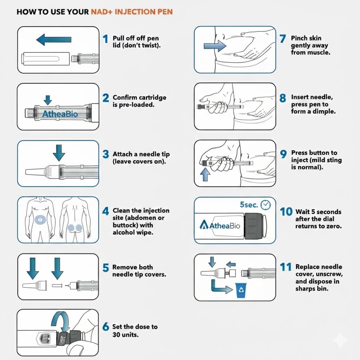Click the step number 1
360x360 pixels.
[105, 39]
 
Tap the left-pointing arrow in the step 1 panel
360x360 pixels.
[50, 39]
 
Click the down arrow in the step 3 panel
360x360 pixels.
[59, 152]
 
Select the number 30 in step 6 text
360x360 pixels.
[117, 334]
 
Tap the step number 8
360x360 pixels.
[283, 98]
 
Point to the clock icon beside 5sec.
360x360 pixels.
[266, 205]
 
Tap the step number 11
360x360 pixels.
[286, 267]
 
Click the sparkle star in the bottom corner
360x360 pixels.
[340, 340]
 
